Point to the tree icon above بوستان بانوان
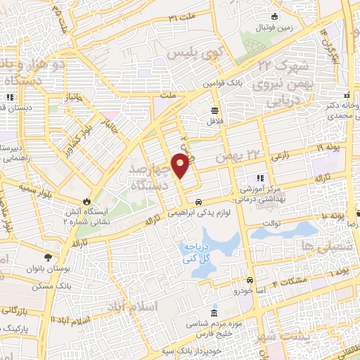pyautogui.click(x=48, y=257)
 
